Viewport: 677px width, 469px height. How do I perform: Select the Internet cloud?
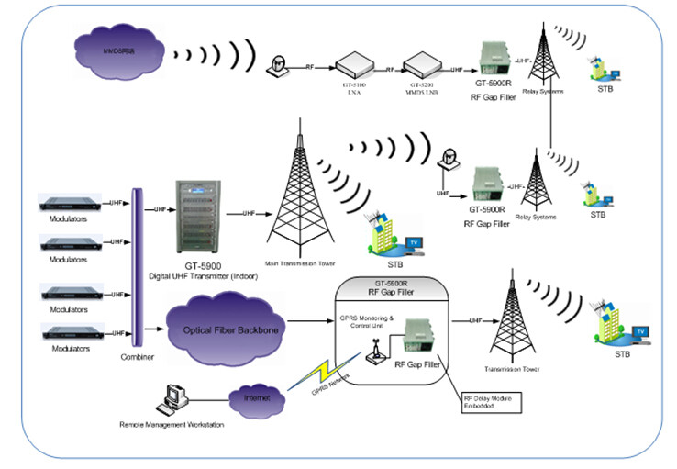pos(256,400)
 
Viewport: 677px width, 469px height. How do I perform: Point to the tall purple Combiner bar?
pos(138,266)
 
